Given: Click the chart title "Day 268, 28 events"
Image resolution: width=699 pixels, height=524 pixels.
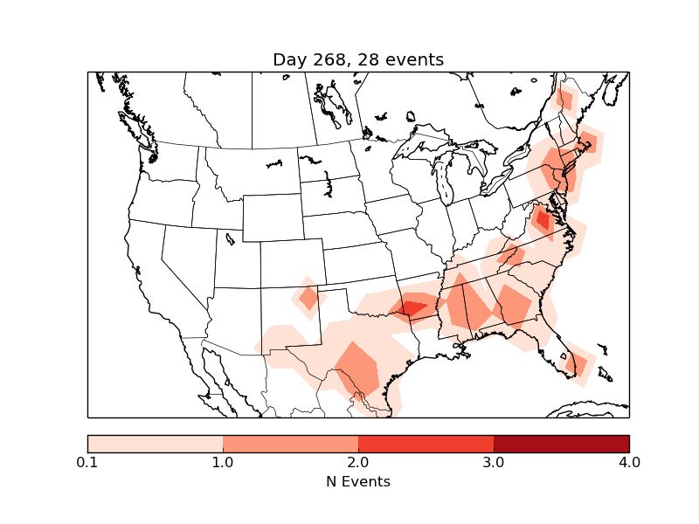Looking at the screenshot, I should [x=358, y=59].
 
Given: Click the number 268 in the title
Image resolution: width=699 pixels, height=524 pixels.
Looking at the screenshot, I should [x=326, y=59].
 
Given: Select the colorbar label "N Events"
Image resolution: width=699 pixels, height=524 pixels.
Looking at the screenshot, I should [x=358, y=481].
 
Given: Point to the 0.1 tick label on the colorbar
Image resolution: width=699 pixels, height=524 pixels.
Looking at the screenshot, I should [x=87, y=462].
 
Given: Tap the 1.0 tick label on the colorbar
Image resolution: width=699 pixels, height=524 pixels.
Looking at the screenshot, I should [x=223, y=462].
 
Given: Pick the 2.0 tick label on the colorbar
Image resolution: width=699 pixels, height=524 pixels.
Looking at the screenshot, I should [x=358, y=462].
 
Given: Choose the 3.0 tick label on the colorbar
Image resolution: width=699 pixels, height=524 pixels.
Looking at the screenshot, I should [x=494, y=462].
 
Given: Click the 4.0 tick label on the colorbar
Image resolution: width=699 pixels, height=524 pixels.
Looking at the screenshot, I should [x=628, y=462].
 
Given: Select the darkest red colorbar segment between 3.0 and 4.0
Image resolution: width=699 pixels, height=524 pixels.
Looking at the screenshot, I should [x=561, y=444].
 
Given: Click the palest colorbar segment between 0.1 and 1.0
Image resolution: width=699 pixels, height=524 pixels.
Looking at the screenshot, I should [x=156, y=444].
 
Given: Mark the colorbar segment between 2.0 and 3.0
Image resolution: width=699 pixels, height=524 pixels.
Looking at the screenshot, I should [x=426, y=444].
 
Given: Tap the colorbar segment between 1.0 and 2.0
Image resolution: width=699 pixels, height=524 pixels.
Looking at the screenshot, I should [x=290, y=444].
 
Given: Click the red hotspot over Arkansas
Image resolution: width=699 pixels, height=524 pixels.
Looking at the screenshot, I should [x=412, y=307].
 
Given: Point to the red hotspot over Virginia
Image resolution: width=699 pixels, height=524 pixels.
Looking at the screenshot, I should [x=542, y=219].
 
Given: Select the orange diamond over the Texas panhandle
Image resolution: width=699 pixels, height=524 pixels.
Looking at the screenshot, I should [x=308, y=299].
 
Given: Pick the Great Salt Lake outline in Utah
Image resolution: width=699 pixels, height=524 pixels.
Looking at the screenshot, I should [x=230, y=238].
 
